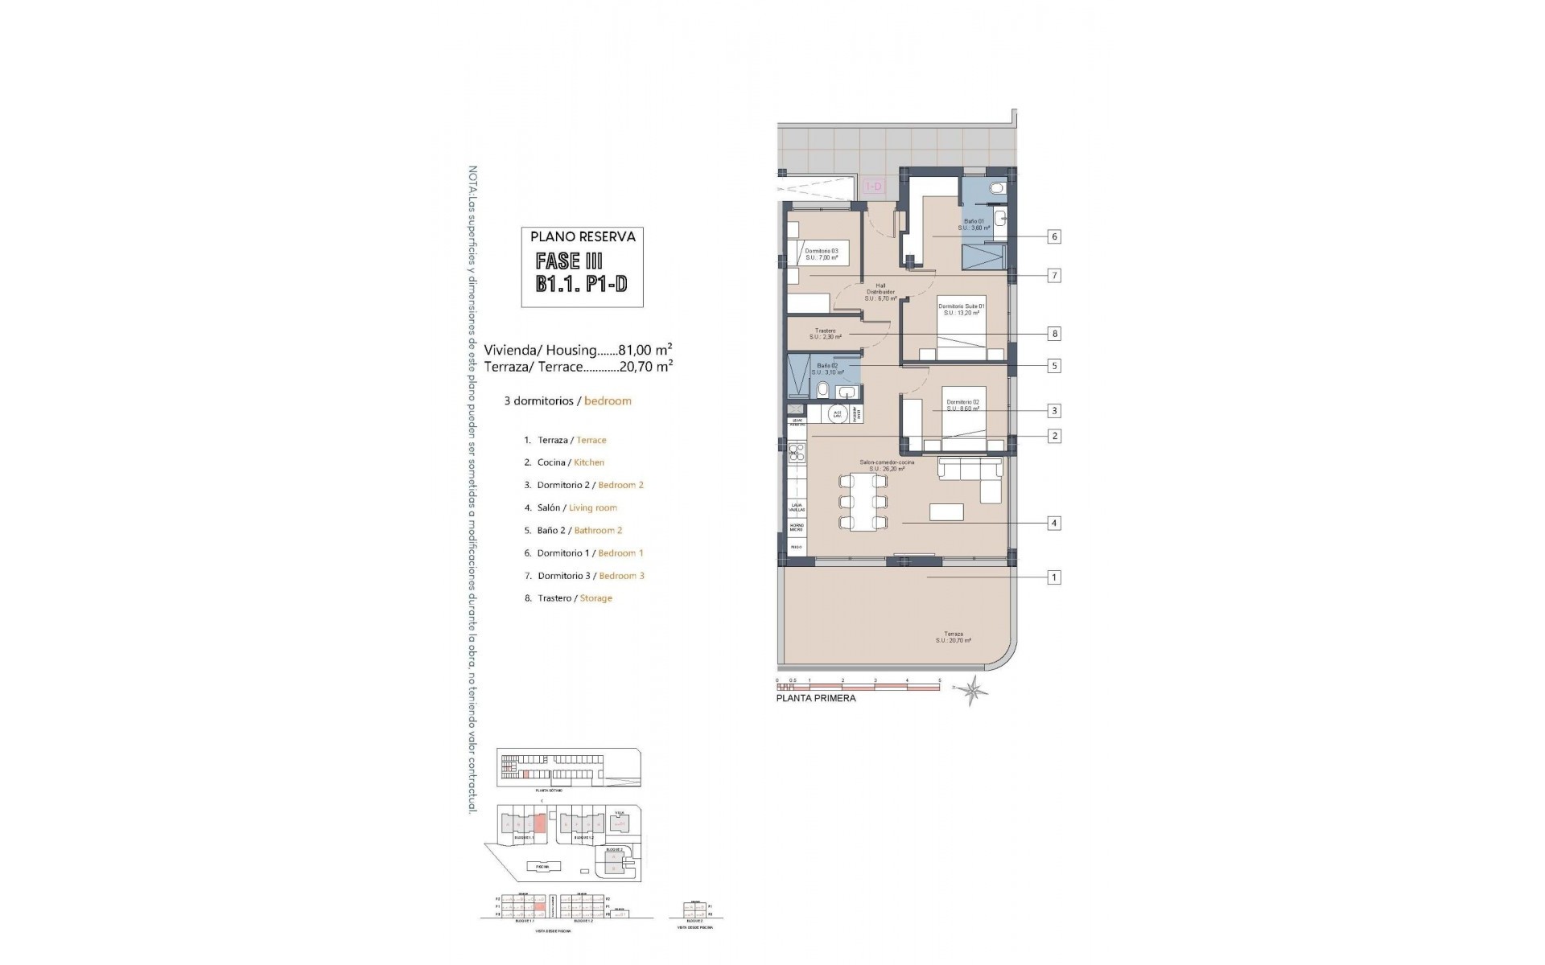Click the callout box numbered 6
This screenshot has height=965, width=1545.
(1054, 236)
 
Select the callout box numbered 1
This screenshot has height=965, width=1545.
(1054, 577)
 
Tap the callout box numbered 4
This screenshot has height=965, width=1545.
(1054, 523)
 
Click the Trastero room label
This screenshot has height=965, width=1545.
(825, 334)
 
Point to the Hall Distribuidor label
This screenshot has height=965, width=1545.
(880, 291)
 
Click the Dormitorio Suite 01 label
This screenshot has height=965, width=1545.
(961, 309)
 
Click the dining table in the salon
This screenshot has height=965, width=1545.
(863, 502)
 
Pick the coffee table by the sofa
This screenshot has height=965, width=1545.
(946, 511)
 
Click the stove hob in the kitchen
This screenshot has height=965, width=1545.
(797, 453)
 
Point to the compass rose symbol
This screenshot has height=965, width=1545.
(975, 690)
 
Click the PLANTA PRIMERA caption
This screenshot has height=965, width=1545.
(815, 698)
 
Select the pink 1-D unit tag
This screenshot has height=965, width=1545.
(873, 187)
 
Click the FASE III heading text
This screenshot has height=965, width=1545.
(569, 261)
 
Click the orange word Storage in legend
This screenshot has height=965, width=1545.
(595, 598)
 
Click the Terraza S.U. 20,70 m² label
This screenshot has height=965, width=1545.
(953, 637)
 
